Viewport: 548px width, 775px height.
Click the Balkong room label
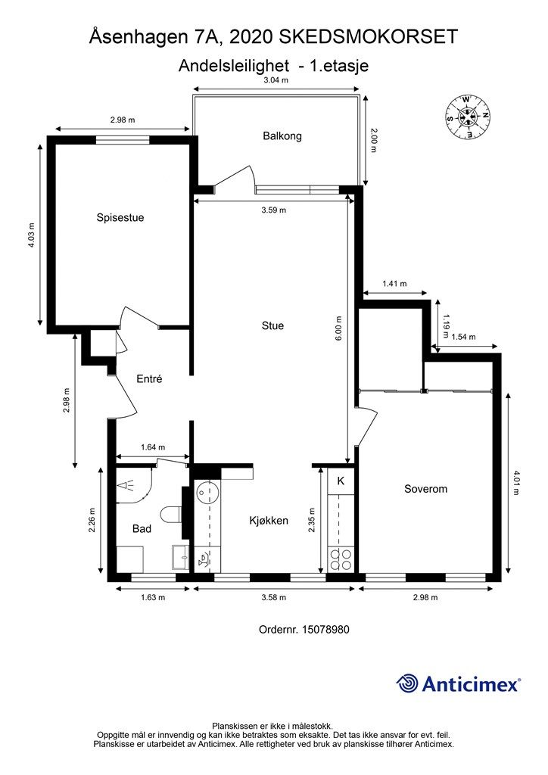282,136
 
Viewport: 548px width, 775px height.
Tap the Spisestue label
120,217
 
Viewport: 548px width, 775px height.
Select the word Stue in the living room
272,325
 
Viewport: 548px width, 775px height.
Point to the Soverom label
425,489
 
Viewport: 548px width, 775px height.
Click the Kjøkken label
268,521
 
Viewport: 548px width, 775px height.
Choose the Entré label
149,378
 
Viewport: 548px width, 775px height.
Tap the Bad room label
142,529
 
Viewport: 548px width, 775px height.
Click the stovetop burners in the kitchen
341,560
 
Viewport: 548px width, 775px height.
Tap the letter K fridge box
341,481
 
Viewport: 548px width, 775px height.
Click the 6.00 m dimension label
338,328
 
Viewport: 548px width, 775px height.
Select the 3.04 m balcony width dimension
276,80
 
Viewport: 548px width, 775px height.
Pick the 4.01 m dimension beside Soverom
516,483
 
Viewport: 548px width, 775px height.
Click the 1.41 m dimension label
394,284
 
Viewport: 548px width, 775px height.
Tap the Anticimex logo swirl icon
407,683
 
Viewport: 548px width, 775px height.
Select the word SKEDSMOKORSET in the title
369,37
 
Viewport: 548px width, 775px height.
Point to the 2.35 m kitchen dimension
312,521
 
